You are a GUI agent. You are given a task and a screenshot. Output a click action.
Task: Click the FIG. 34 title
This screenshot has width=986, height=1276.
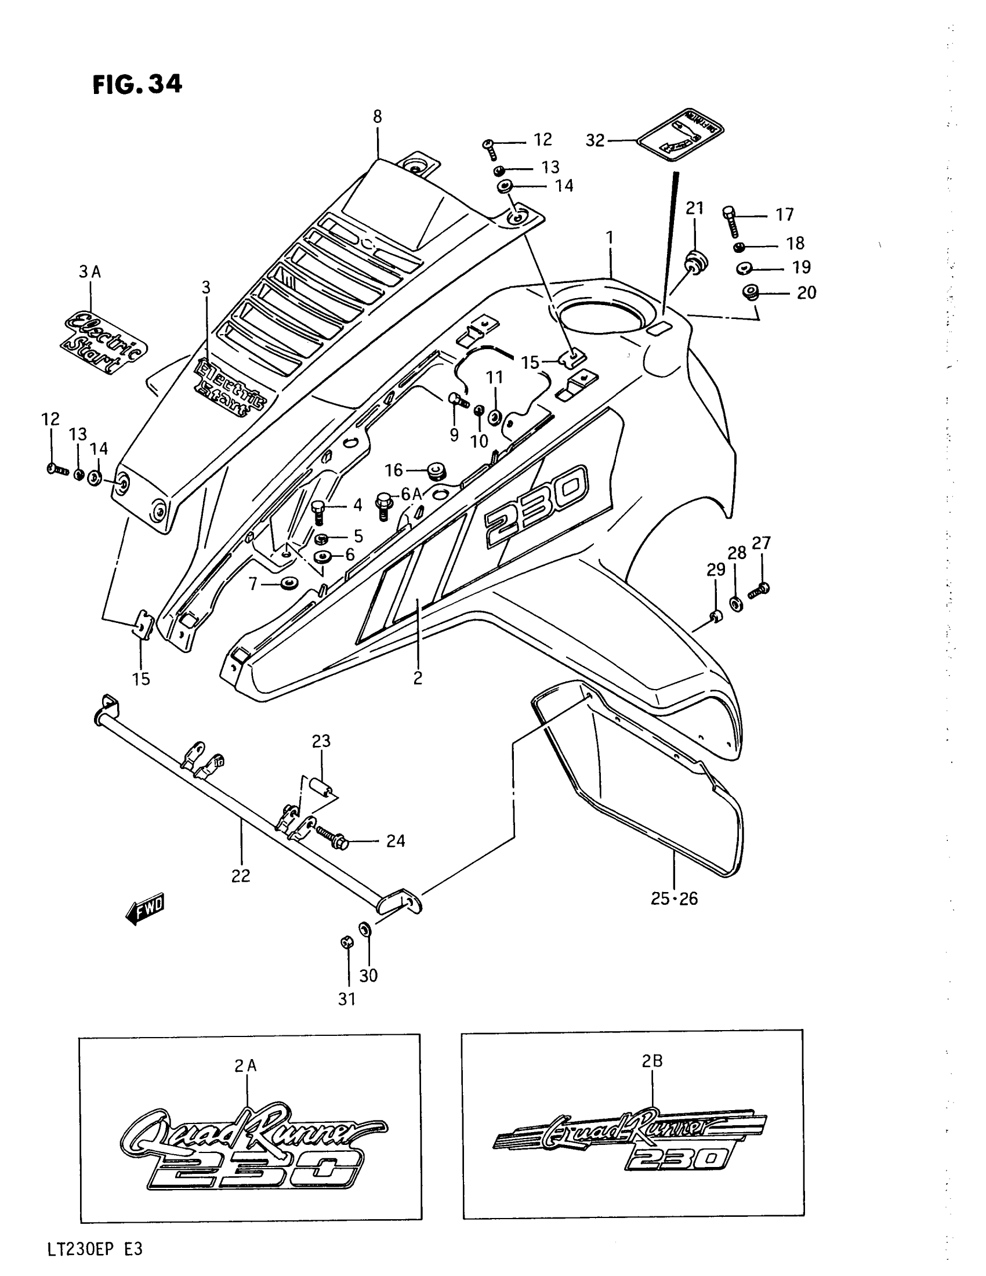137,85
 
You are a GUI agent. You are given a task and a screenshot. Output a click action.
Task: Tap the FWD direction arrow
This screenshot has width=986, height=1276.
146,908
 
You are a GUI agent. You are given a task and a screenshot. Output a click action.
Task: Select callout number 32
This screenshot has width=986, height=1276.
595,141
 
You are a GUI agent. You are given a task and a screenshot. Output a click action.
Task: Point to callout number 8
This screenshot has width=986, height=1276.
378,117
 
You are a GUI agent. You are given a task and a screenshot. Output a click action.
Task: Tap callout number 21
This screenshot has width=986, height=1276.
694,208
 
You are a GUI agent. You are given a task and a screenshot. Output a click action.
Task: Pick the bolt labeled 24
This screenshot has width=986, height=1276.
331,842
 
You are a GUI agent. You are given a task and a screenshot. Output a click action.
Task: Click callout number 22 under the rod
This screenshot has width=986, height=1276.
241,875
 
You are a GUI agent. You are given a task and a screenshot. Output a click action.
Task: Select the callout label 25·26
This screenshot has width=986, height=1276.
674,898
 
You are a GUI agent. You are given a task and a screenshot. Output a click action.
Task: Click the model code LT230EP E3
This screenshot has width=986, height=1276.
95,1250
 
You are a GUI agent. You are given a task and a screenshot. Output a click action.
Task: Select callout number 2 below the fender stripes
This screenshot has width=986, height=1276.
418,679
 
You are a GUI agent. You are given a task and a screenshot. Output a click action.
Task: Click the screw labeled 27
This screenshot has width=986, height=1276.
758,590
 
